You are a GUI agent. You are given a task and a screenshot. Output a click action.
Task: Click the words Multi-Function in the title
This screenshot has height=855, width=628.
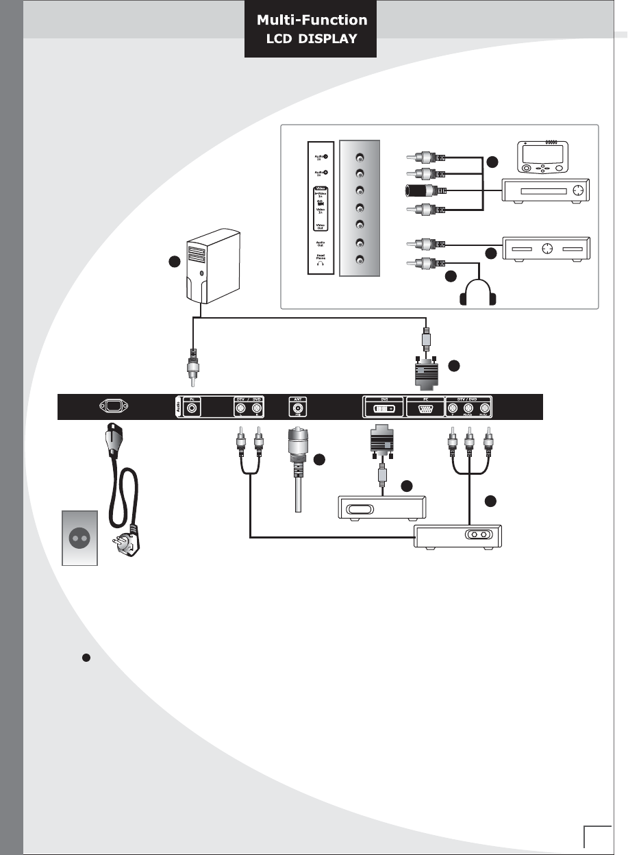tap(312, 21)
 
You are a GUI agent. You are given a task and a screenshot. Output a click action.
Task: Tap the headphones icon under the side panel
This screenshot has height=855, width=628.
tap(477, 295)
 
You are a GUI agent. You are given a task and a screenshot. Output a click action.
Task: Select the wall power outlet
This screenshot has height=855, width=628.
tap(79, 537)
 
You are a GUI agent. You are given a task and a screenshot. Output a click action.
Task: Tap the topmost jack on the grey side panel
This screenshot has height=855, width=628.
tap(360, 156)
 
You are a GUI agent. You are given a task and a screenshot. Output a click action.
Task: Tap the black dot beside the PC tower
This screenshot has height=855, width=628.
tap(176, 261)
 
